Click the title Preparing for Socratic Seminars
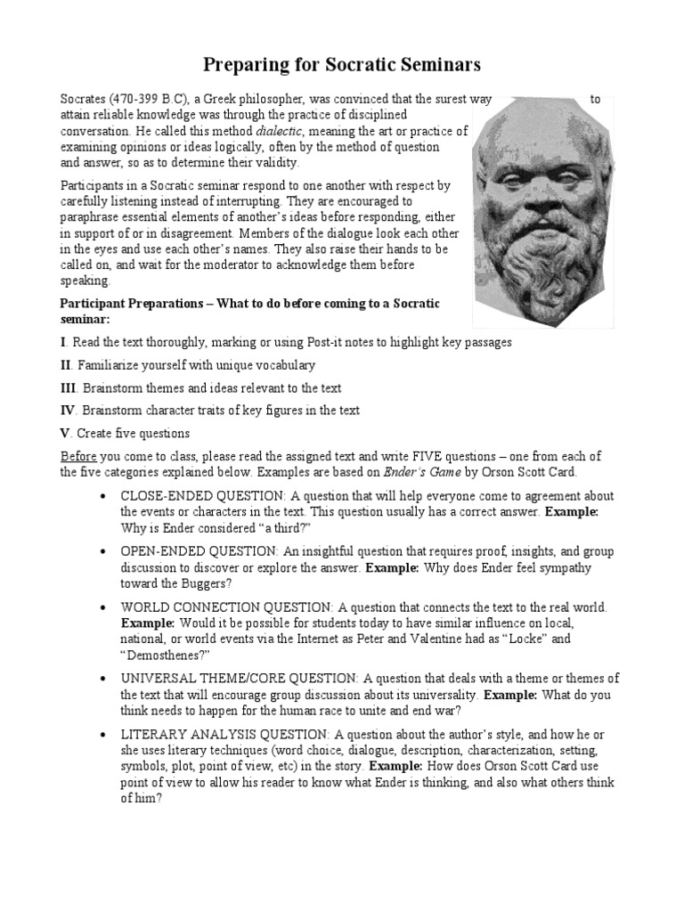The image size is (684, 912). (342, 64)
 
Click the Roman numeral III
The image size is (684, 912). (69, 388)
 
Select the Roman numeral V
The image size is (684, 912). (64, 433)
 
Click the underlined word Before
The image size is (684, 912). (78, 456)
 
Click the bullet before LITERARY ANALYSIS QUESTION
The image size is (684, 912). (105, 735)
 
